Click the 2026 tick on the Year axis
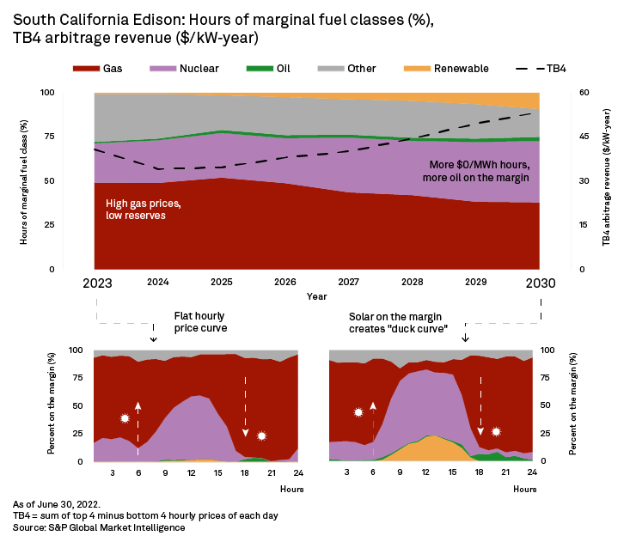[x=284, y=281]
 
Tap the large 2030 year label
[x=539, y=283]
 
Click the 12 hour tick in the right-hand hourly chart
[x=421, y=472]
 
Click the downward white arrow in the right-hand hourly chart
[x=480, y=404]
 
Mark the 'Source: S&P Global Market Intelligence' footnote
[x=99, y=527]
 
